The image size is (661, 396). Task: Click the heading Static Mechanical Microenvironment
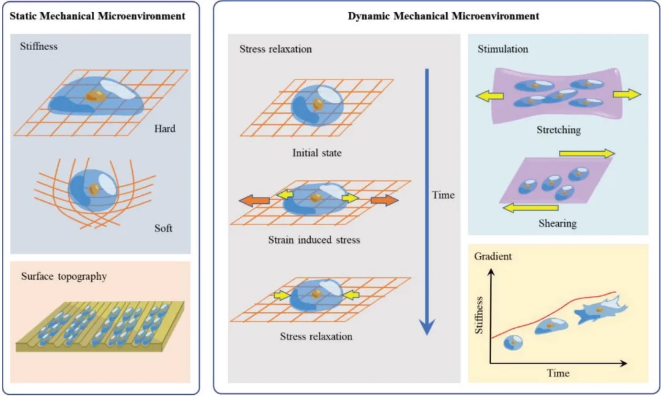pos(98,16)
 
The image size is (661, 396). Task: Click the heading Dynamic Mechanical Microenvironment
pos(444,16)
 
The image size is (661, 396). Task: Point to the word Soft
pos(163,228)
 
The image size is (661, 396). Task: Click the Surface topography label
pos(64,276)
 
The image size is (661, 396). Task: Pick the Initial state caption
pos(316,152)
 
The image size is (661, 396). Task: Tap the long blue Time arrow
pos(427,202)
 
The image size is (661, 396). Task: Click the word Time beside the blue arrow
pos(444,195)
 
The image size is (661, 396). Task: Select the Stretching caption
pos(558,130)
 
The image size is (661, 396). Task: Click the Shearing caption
pos(558,223)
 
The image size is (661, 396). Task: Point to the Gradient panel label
pos(493,256)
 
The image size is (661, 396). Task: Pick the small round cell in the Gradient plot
pos(513,344)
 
